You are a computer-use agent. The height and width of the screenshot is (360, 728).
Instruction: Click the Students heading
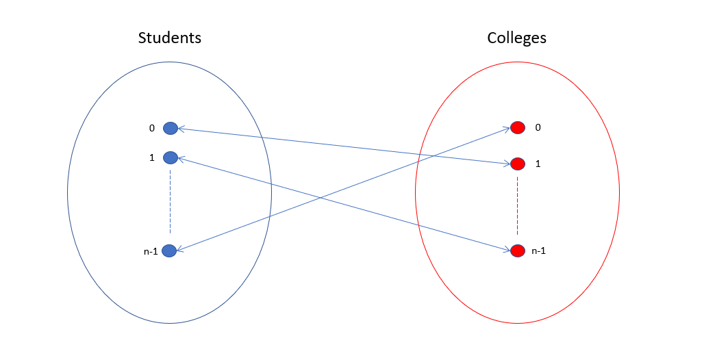[x=169, y=38]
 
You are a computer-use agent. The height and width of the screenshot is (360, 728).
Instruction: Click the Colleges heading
[x=517, y=38]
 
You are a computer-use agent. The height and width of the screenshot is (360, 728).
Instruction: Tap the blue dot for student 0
[x=171, y=128]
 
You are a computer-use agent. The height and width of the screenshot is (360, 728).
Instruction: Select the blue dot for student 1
[x=171, y=157]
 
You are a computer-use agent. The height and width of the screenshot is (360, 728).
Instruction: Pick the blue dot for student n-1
[x=169, y=250]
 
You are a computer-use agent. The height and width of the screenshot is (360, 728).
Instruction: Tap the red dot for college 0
[x=518, y=127]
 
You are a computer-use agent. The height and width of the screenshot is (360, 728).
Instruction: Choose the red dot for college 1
[x=518, y=164]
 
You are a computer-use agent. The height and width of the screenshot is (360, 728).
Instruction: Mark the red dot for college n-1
[x=517, y=250]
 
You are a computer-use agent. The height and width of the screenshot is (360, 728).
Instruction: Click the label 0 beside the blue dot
[x=151, y=128]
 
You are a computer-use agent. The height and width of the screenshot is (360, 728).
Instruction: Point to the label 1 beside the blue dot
[x=151, y=157]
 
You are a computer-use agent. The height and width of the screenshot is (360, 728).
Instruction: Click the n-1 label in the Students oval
[x=151, y=251]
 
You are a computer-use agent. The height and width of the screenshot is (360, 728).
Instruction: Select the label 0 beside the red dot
[x=538, y=127]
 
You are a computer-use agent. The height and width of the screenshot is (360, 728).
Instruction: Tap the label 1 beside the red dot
[x=538, y=164]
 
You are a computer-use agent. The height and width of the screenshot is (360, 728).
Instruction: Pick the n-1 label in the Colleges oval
[x=538, y=251]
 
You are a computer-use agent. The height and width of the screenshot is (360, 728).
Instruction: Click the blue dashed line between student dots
[x=171, y=202]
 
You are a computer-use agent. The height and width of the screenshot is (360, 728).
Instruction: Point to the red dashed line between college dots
[x=517, y=205]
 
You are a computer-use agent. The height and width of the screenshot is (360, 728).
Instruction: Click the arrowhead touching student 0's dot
[x=181, y=129]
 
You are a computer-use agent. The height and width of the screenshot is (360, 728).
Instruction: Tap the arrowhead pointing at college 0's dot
[x=507, y=129]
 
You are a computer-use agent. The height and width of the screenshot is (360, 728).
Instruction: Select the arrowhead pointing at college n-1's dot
[x=507, y=250]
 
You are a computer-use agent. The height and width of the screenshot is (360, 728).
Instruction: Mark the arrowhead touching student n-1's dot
[x=180, y=249]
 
